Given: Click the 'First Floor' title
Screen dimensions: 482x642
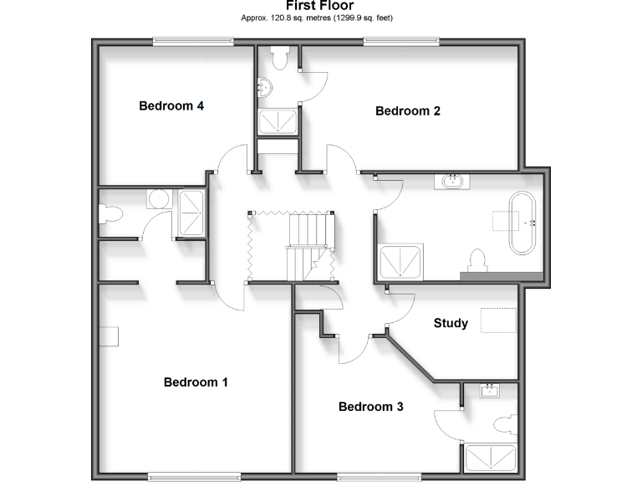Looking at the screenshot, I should click(x=319, y=5).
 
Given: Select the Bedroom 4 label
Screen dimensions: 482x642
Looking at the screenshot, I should click(x=171, y=105).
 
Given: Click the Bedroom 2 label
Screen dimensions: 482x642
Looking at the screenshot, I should click(x=407, y=110).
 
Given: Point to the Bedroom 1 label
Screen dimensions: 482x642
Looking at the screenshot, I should click(x=196, y=382).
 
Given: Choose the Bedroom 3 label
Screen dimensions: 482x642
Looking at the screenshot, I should click(x=370, y=407).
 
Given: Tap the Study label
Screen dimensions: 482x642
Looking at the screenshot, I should click(x=451, y=323).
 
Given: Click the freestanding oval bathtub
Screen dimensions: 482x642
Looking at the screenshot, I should click(x=525, y=223).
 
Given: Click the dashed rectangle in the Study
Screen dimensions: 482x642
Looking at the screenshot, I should click(x=499, y=321).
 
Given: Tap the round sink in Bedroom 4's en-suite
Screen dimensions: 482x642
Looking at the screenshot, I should click(x=158, y=199).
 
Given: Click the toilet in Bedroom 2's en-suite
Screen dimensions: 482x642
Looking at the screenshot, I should click(x=279, y=58).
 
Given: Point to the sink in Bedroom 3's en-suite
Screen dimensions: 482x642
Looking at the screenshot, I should click(x=490, y=391).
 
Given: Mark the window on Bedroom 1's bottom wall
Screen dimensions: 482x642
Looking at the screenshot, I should click(x=189, y=477).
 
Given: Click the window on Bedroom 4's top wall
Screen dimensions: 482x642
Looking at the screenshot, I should click(x=192, y=39).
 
